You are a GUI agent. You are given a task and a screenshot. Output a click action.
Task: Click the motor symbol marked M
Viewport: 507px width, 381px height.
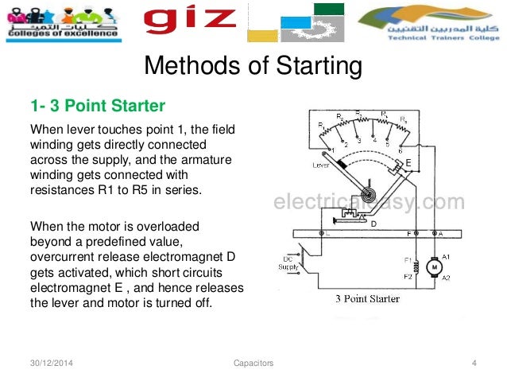tap(433, 267)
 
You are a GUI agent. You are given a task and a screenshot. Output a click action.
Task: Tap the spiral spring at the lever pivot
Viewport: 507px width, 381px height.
tap(368, 192)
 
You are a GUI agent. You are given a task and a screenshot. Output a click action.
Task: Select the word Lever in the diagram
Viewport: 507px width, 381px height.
tap(321, 166)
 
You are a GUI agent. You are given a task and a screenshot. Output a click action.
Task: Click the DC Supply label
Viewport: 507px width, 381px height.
tap(291, 264)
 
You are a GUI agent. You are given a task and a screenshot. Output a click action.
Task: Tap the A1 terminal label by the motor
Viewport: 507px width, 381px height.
tap(447, 257)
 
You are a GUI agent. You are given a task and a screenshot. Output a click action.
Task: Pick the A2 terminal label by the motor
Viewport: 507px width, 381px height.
tap(447, 278)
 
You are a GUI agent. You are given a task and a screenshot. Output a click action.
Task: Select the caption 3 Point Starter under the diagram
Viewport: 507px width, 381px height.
tap(367, 299)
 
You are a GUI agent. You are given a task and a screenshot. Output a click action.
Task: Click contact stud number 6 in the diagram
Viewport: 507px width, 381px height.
tap(401, 149)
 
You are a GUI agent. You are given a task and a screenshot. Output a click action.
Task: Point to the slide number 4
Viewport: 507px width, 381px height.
tap(474, 364)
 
